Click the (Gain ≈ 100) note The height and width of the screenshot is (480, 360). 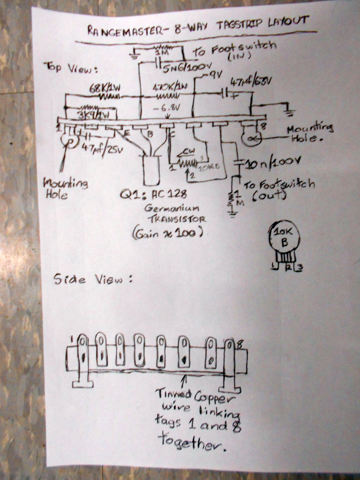[x=167, y=234]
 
